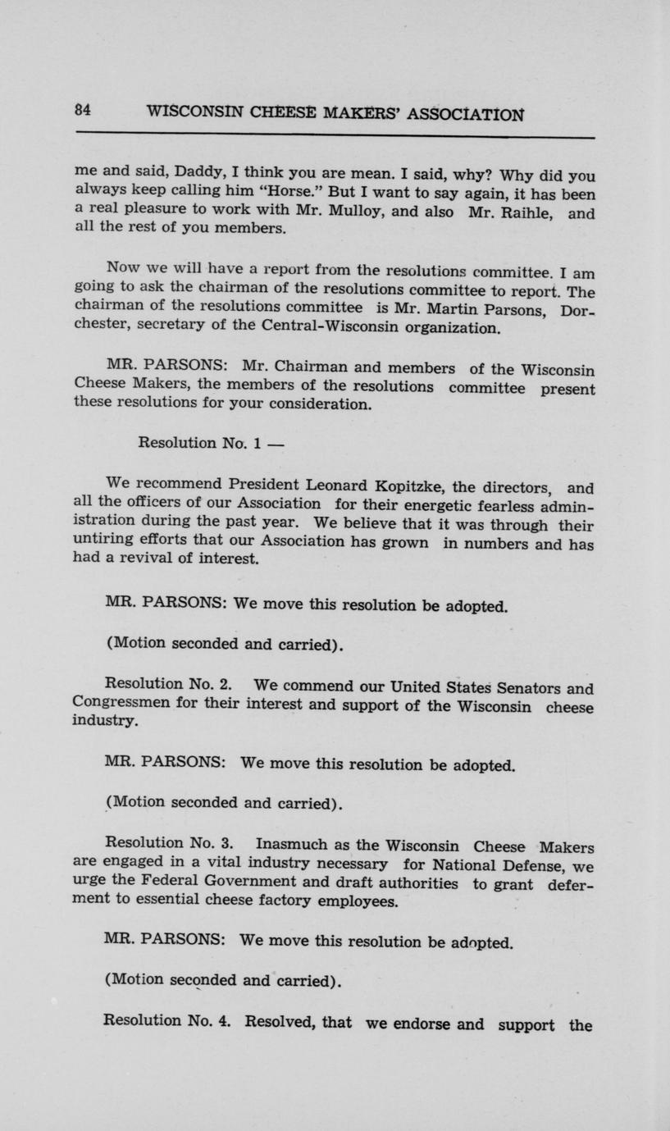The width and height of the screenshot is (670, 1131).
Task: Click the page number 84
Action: (x=82, y=109)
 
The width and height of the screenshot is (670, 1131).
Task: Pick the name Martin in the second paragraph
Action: (x=459, y=308)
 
